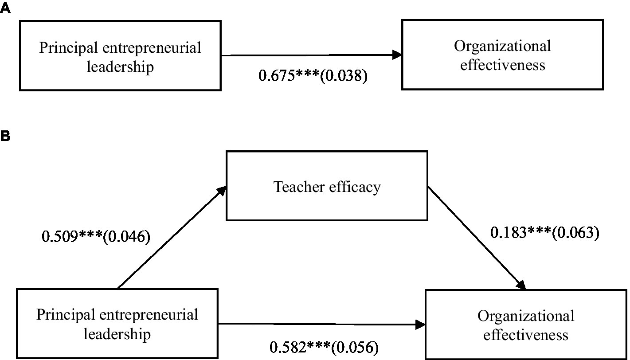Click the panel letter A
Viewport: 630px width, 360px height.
(x=5, y=8)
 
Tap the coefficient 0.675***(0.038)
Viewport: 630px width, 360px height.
(x=313, y=76)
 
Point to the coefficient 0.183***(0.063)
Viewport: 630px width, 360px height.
(x=544, y=232)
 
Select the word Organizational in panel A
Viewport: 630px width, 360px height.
(x=502, y=46)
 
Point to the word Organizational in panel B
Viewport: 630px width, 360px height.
(x=526, y=316)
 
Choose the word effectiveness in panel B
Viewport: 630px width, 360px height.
(x=526, y=335)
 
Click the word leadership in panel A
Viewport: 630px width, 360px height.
(x=121, y=67)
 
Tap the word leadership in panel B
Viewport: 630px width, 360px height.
(x=117, y=334)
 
